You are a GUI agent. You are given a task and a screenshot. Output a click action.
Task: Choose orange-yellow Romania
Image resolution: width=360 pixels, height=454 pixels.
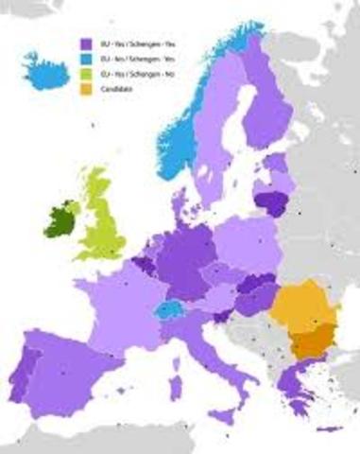[301, 306]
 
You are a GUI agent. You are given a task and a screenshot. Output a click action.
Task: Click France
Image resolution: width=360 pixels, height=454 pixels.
[113, 303]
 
